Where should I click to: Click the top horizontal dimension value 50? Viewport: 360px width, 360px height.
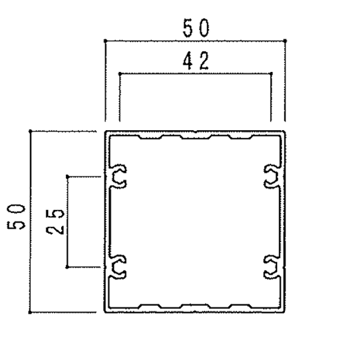196,28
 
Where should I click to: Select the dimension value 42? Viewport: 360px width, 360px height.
196,61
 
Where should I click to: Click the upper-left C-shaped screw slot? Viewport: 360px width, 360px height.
119,176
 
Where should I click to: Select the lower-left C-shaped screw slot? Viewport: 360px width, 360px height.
119,268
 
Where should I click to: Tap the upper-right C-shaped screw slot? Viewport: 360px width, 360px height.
272,176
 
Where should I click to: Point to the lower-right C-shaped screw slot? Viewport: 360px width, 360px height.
272,268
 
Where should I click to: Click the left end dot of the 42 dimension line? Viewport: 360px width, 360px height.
120,74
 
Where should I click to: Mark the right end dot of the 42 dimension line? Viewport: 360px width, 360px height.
271,74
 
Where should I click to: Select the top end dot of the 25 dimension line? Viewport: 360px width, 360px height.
67,176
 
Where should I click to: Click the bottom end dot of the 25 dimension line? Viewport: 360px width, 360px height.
67,267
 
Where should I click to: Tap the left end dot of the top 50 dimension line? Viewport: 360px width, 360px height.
105,41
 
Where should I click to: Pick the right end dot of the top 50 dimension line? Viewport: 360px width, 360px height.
285,41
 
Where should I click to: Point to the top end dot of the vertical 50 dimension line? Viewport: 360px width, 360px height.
31,131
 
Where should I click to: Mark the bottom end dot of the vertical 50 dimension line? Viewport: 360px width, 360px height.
31,313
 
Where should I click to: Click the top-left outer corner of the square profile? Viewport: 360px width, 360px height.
106,131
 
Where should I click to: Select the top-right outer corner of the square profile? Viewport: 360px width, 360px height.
285,131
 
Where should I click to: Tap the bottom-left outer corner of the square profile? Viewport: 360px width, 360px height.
106,313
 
